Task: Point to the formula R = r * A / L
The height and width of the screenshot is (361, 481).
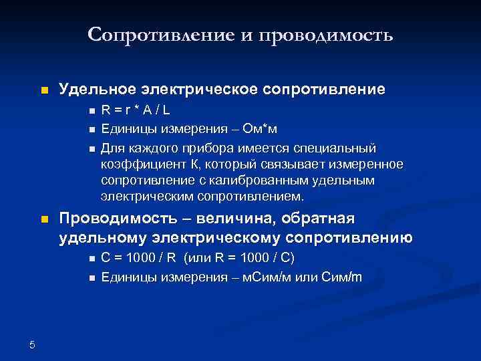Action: coord(136,111)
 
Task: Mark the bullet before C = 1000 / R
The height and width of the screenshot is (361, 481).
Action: coord(90,259)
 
